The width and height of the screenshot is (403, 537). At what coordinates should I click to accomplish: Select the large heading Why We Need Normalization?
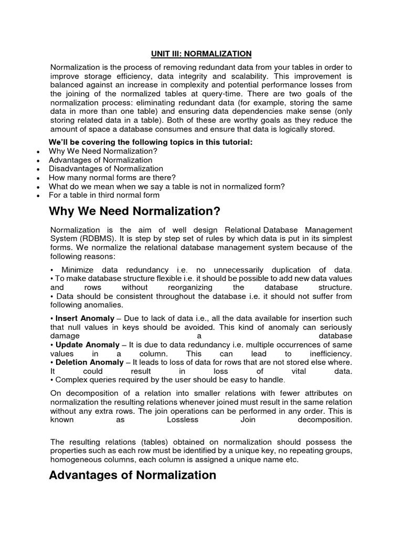tap(134, 211)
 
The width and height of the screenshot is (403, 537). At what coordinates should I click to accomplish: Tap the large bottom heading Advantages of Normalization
tap(132, 475)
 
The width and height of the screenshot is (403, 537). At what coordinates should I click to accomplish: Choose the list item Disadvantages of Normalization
tap(105, 169)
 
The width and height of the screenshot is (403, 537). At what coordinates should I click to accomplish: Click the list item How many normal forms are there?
tap(112, 178)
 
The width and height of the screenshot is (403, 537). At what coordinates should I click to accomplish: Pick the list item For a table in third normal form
tap(104, 195)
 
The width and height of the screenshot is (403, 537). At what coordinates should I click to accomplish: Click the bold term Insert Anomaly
tap(84, 318)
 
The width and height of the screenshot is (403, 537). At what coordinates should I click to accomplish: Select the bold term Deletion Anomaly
tap(89, 362)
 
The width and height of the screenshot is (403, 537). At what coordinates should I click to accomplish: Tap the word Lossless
tap(183, 420)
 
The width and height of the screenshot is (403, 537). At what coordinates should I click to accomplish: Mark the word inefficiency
tap(332, 353)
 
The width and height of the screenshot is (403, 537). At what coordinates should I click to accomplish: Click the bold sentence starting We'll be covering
tap(151, 143)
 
